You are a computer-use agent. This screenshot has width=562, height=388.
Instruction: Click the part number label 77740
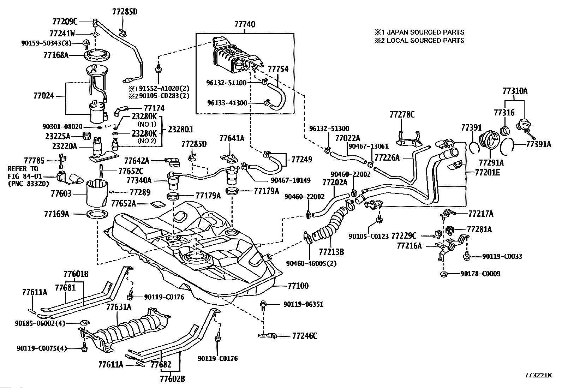click(245, 24)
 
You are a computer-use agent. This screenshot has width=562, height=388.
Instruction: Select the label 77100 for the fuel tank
click(298, 286)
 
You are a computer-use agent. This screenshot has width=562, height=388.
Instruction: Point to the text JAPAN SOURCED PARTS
click(425, 32)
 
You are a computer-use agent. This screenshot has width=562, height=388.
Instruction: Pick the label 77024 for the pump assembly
click(44, 96)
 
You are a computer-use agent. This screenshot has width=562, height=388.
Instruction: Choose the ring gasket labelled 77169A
click(97, 215)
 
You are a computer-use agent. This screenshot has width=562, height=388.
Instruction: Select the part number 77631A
click(119, 307)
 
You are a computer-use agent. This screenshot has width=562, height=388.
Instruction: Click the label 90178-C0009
click(480, 274)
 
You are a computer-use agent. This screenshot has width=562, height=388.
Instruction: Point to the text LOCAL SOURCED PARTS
click(425, 40)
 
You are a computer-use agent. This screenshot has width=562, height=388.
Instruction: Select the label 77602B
click(172, 379)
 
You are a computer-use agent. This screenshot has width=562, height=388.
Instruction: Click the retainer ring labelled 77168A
click(97, 55)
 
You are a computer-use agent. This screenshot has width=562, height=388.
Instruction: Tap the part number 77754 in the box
click(278, 69)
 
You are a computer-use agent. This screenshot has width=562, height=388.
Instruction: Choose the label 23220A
click(65, 146)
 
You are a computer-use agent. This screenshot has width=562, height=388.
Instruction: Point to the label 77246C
click(305, 336)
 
